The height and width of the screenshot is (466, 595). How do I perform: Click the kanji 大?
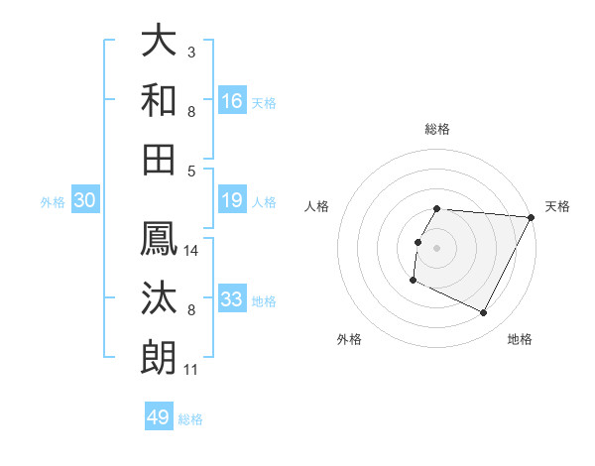pos(160,41)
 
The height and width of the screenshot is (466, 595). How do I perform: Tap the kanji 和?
pos(160,100)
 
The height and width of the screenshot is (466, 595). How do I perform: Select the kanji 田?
pos(160,160)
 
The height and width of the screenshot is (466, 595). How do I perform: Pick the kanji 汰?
pos(160,297)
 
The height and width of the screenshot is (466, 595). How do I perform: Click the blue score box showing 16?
pos(232,100)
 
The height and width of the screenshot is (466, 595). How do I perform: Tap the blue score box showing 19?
pos(232,200)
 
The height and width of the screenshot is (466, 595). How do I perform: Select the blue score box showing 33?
pos(232,299)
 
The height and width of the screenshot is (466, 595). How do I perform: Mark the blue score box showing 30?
pos(84,200)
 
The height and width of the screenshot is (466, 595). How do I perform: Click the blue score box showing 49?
pos(159,417)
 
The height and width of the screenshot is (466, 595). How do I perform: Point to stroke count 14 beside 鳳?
pos(191,250)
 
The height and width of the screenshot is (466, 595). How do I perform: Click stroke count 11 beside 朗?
pos(190,370)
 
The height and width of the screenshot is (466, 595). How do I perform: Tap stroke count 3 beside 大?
pos(191,53)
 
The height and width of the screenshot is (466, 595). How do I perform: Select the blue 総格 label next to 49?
pos(190,419)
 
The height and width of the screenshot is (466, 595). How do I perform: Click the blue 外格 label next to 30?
pos(53,202)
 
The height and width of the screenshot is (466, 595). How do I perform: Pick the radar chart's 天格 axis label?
pos(557,206)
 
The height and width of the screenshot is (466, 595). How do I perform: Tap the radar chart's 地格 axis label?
pos(520,339)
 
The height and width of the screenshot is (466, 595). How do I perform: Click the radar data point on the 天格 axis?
pos(532,217)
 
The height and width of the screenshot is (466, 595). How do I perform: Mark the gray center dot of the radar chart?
pos(437,248)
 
